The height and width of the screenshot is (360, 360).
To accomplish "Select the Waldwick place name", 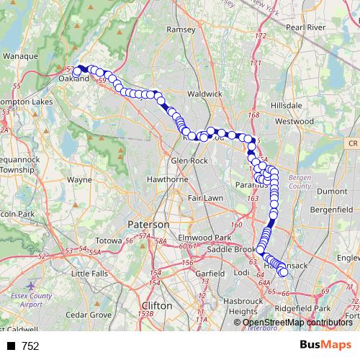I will click(204, 94).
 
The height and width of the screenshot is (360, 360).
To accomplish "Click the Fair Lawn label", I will click(204, 197).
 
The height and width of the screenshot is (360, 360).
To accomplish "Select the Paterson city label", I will click(147, 225).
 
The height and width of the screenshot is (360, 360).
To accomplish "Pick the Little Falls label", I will click(89, 274).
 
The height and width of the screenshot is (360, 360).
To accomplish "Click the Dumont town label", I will click(332, 192).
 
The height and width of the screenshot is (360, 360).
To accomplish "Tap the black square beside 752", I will click(11, 346).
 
